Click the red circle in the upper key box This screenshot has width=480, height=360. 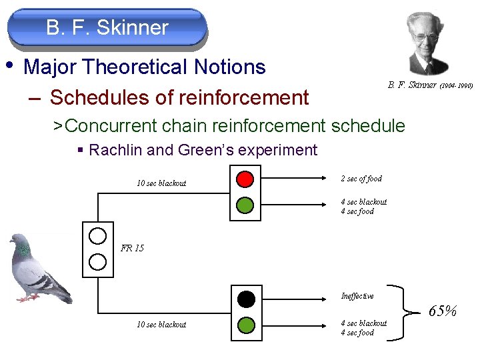tap(245, 179)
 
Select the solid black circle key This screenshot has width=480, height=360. tap(246, 298)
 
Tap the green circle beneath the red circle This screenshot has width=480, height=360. tap(245, 205)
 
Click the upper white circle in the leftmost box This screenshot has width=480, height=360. tap(98, 235)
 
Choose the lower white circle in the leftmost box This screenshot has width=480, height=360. tap(98, 261)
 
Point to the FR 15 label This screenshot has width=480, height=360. tap(132, 249)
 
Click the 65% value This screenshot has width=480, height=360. tap(442, 311)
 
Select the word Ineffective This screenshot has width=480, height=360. tap(357, 296)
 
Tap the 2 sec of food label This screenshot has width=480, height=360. tap(361, 179)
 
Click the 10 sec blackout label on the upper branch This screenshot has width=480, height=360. tap(161, 183)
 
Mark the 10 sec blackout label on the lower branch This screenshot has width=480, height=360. tap(161, 325)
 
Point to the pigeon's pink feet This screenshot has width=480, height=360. tap(28, 298)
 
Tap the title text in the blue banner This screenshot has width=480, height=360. tap(107, 28)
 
